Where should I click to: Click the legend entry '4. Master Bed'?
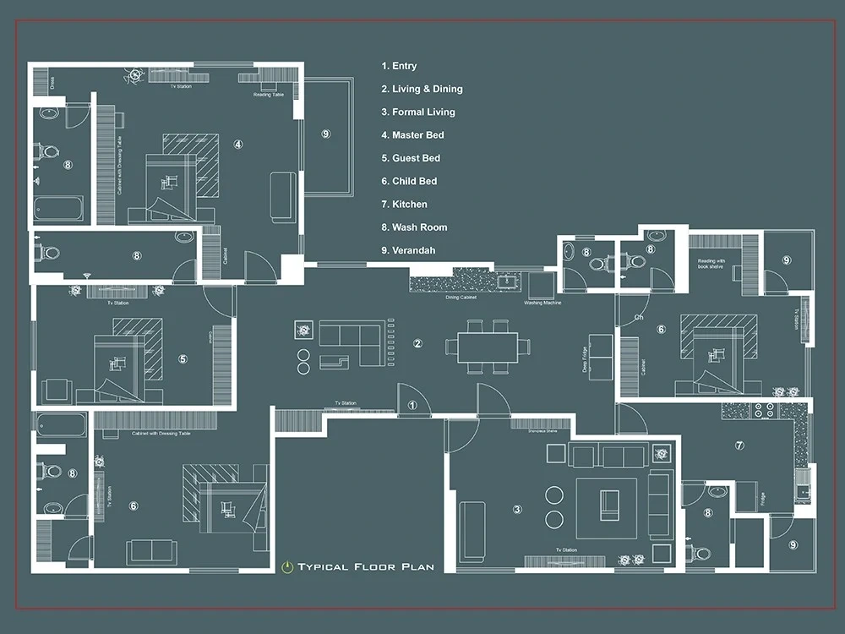(x=412, y=135)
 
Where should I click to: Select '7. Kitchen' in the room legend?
(x=404, y=205)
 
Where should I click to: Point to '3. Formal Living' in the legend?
(x=417, y=112)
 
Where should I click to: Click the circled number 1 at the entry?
(x=412, y=406)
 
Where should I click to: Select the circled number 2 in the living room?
(x=417, y=343)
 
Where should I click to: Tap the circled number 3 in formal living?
(x=517, y=509)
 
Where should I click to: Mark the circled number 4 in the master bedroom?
(x=238, y=145)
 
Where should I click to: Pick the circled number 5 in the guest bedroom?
(x=183, y=358)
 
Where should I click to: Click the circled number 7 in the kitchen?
(x=739, y=445)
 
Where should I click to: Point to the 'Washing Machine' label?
(x=544, y=303)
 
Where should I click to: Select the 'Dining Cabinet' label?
(x=460, y=298)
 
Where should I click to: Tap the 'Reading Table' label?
(x=268, y=95)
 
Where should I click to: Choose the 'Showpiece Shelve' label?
(x=542, y=430)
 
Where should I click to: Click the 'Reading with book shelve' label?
(x=711, y=265)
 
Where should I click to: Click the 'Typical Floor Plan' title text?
(x=366, y=566)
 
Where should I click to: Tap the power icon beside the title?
(x=287, y=566)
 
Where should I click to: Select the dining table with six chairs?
(x=488, y=347)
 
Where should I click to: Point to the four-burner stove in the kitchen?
(x=764, y=410)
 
